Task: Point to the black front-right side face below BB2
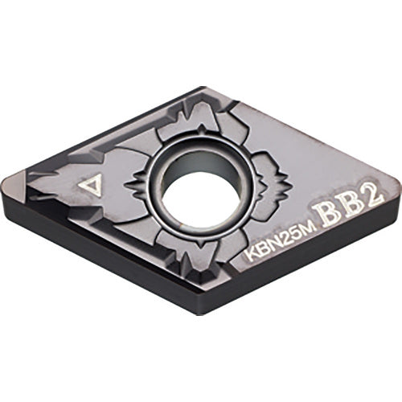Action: pos(306,265)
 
